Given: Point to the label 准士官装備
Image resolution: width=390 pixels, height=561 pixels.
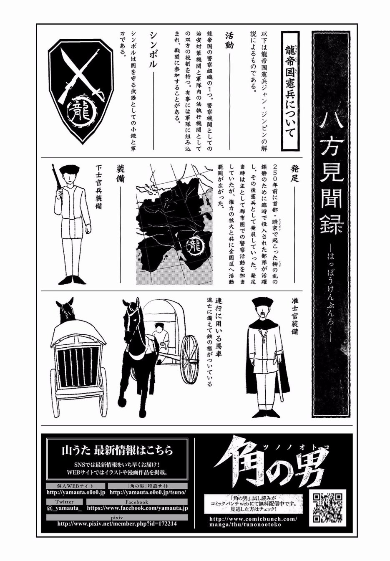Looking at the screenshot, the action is (294, 316).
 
